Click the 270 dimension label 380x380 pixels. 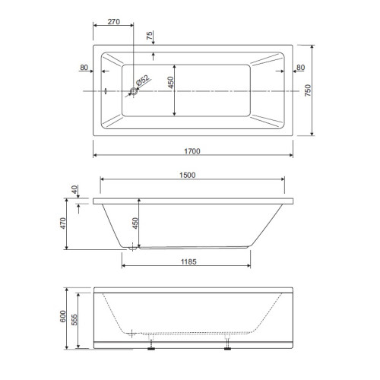(113, 22)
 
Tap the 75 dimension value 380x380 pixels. (150, 35)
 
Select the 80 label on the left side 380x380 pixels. (84, 68)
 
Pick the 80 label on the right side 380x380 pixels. (300, 68)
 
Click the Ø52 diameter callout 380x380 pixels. (143, 81)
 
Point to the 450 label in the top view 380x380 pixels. (171, 82)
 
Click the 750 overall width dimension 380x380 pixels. (308, 90)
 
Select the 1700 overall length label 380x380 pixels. (192, 151)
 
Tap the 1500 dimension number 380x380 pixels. (188, 175)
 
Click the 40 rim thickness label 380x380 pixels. (74, 189)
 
